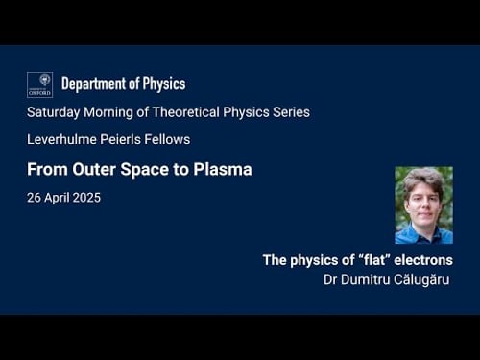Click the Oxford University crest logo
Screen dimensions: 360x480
(39, 84)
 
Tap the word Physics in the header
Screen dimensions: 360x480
(164, 84)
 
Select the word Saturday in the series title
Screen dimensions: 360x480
(56, 112)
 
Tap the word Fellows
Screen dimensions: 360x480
(171, 140)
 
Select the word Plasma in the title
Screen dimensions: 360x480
(224, 170)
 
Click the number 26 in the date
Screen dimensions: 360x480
(35, 198)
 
